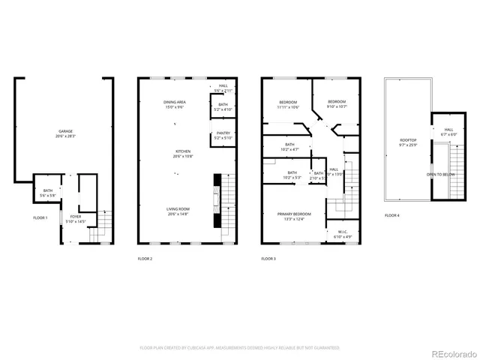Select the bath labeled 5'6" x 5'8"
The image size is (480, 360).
(47, 193)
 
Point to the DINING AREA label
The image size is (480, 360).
(175, 104)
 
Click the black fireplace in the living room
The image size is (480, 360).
(217, 200)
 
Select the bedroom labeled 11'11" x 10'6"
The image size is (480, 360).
(289, 104)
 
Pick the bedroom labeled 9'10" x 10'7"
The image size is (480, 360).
(336, 103)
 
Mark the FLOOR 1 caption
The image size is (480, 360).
(40, 217)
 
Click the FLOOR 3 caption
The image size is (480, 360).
(268, 259)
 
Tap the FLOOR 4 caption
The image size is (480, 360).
(392, 215)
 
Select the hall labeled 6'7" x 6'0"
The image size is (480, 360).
(448, 132)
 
